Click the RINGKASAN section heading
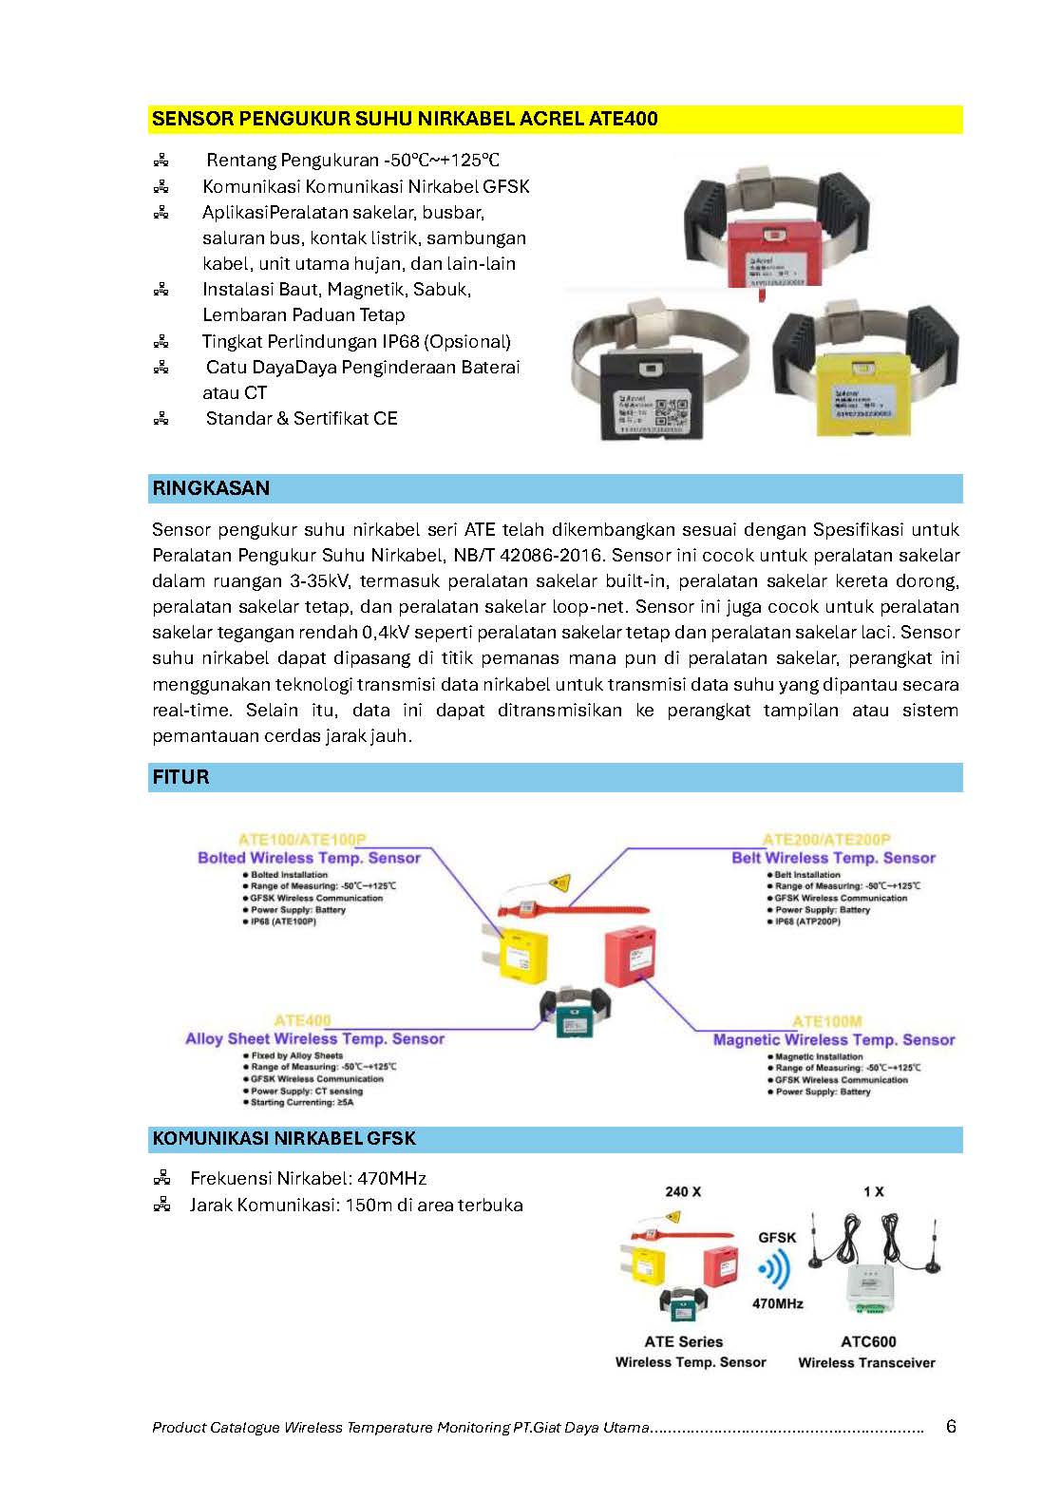click(x=211, y=488)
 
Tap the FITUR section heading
click(x=180, y=777)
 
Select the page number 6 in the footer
click(x=951, y=1426)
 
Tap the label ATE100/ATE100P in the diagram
click(x=302, y=840)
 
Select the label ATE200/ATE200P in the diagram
click(x=826, y=840)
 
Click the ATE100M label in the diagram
click(x=826, y=1021)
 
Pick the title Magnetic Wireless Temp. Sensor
click(x=833, y=1040)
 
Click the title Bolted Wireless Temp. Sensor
click(x=309, y=858)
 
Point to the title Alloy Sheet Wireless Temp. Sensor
click(x=314, y=1039)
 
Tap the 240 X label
click(x=682, y=1191)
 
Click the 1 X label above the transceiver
click(x=873, y=1191)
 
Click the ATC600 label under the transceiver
click(x=868, y=1341)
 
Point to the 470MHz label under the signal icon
click(x=777, y=1303)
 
